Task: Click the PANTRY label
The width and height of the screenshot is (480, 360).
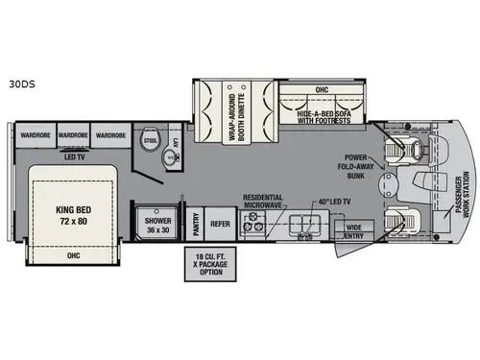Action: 196,224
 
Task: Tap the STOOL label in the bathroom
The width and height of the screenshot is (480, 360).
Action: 149,138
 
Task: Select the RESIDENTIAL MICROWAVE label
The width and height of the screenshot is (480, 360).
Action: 261,199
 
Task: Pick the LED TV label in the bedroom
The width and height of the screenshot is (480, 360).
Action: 71,156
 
